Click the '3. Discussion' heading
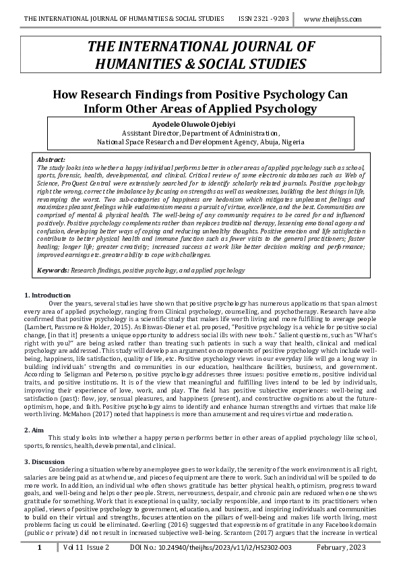click(45, 461)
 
